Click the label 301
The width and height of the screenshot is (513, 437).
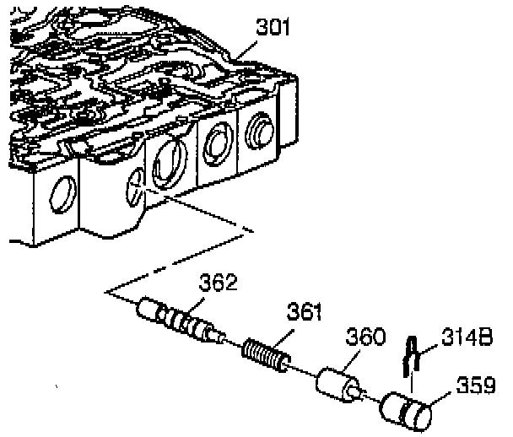click(x=273, y=28)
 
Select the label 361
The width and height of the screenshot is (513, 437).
click(x=304, y=312)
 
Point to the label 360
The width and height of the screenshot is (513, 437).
click(x=365, y=338)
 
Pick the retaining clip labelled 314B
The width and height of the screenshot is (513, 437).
click(x=412, y=355)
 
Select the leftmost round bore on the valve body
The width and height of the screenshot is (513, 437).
click(x=60, y=194)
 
